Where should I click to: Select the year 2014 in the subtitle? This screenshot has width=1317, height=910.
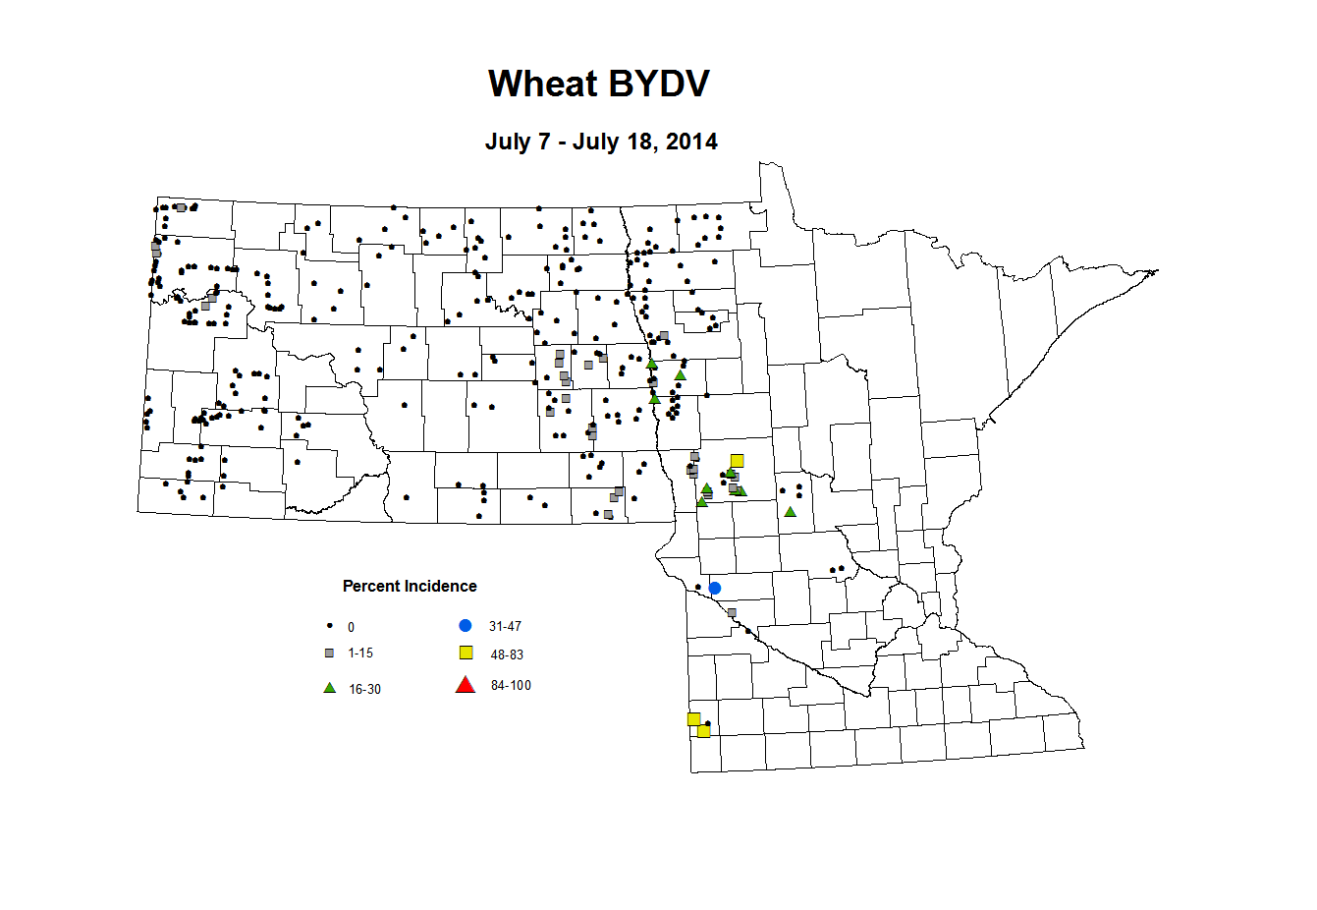point(691,142)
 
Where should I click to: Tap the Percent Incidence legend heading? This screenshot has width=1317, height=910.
point(410,587)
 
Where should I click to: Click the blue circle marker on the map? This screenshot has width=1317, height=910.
point(715,589)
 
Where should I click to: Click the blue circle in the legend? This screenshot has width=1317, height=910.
point(466,626)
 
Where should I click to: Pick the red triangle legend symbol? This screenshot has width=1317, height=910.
point(466,685)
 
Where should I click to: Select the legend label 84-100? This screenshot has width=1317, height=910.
point(511,686)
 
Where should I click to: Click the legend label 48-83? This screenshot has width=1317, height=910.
point(507,654)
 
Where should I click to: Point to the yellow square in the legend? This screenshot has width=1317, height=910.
point(466,654)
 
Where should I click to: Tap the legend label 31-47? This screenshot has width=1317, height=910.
point(505,626)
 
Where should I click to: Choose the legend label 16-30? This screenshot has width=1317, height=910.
point(364,690)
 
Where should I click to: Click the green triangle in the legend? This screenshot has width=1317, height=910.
point(330,688)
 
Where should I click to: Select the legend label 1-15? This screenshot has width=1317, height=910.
point(360,654)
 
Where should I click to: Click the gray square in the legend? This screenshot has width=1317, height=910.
point(330,654)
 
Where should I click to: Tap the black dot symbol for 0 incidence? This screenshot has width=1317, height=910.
point(330,626)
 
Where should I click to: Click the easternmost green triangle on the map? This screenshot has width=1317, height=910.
point(790,512)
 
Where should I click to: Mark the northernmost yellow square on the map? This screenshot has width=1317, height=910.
point(738,461)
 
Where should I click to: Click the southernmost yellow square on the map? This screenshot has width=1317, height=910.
point(703,731)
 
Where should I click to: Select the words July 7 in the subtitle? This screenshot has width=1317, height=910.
point(518,142)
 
